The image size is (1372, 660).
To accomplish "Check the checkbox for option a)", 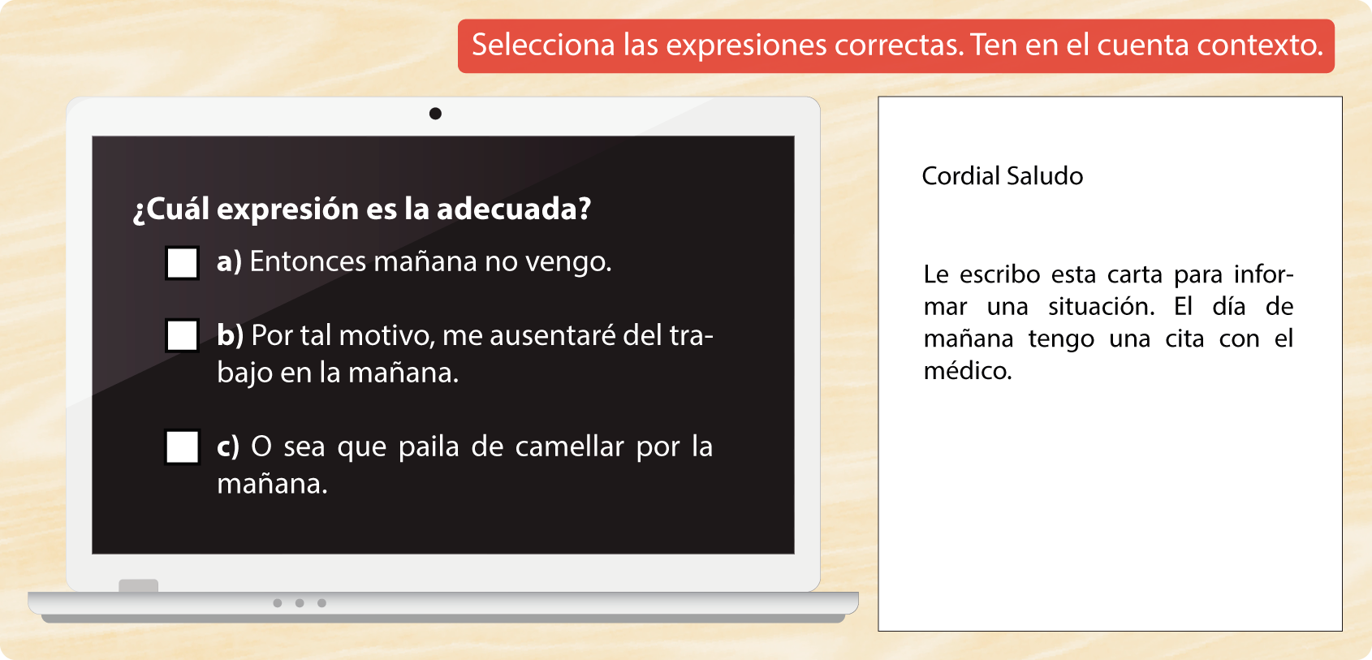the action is click(182, 263).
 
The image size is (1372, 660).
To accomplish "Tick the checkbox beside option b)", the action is click(182, 335).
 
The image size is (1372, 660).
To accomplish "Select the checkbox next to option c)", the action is click(182, 447).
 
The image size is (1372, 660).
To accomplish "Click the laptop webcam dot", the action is click(435, 114).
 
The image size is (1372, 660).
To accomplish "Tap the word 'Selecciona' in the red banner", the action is click(543, 45).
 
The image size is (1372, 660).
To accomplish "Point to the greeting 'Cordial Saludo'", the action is click(1002, 176).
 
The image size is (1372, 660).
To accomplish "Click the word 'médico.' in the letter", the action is click(968, 370).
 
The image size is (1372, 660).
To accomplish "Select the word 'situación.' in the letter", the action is click(1102, 307).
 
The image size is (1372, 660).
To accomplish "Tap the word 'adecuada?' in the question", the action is click(514, 209).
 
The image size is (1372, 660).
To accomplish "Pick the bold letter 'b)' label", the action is click(231, 335).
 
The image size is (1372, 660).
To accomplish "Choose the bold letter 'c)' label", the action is click(228, 447).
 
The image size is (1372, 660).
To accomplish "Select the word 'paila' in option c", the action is click(429, 446).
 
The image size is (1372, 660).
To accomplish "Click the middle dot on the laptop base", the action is click(300, 603).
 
